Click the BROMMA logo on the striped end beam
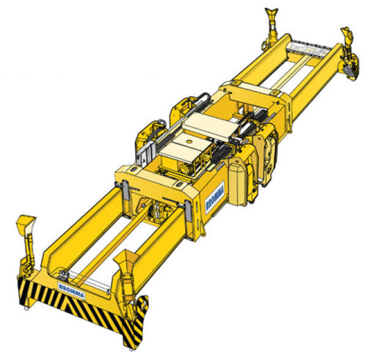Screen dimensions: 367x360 pos(72,290)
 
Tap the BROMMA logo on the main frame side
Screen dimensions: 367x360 pos(215,197)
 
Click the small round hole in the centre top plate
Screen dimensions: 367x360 pos(189,142)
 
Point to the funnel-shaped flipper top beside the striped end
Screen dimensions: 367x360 pos(126,260)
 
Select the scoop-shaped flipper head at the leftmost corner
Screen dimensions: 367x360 pos(26,224)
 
